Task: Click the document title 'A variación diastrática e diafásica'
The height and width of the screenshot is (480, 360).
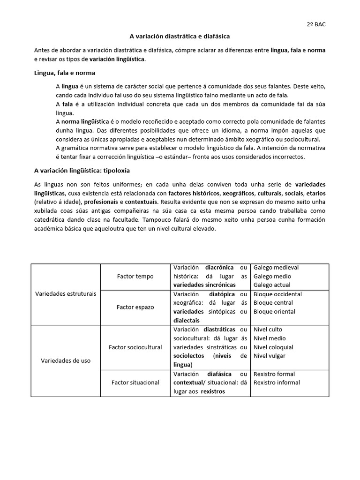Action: click(180, 36)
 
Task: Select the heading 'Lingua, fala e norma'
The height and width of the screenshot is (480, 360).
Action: click(65, 73)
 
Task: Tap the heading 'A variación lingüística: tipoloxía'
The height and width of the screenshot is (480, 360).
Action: click(82, 171)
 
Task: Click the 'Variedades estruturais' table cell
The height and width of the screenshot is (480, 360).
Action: click(66, 294)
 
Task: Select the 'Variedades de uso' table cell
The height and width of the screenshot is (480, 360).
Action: click(66, 360)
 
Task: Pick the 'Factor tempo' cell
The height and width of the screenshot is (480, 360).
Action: click(135, 277)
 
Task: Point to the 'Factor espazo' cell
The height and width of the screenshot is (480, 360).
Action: click(135, 307)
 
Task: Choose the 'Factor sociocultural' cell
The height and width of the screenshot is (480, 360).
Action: click(135, 347)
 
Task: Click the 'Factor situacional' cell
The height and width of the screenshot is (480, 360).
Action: click(135, 382)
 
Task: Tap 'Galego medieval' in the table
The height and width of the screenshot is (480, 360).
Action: click(276, 268)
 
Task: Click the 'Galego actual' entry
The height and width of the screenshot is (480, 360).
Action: click(272, 285)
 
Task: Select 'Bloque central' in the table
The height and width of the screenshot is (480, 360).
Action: click(273, 303)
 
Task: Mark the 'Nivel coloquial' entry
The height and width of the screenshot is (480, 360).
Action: click(273, 347)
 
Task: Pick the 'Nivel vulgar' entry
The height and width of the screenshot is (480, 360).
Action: click(269, 356)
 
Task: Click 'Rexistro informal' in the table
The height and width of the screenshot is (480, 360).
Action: click(277, 382)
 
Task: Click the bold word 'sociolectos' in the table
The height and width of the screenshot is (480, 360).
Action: click(189, 356)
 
